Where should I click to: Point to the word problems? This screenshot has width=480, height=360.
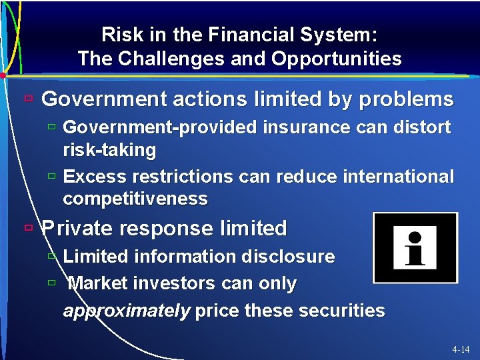click(406, 100)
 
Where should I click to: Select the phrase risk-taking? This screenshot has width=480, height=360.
click(109, 150)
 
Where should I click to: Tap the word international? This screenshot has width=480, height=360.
click(398, 177)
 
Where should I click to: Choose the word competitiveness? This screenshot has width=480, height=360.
click(135, 199)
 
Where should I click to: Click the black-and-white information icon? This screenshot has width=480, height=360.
click(415, 247)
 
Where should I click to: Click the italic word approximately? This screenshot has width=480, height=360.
click(126, 311)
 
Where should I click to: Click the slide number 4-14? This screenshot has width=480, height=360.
click(460, 349)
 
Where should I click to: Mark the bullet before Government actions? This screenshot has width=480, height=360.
click(27, 99)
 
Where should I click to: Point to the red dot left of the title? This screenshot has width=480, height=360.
click(3, 75)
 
